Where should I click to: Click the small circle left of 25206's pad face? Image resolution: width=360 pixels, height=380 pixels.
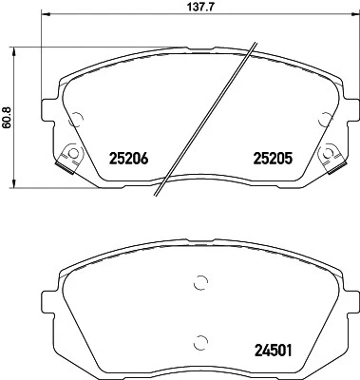77,118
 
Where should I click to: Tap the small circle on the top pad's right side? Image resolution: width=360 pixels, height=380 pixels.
328,118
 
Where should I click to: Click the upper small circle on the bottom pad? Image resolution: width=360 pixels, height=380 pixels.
199,281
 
